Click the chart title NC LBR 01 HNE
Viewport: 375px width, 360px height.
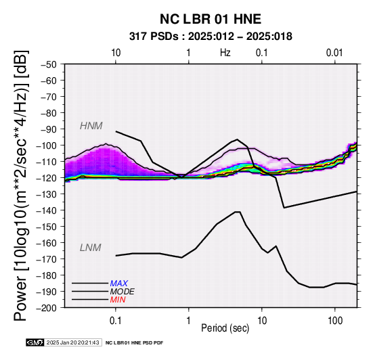211,19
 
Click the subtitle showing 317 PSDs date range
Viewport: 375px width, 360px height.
211,37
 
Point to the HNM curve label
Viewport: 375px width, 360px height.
91,126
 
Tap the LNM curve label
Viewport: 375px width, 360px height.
91,248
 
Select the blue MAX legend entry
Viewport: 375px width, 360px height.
119,284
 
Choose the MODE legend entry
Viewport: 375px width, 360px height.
123,292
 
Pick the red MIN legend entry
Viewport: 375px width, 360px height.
118,300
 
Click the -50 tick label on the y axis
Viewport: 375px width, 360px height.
49,64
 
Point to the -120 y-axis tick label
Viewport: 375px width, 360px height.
47,178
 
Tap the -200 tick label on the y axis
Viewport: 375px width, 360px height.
47,308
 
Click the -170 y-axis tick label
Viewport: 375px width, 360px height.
47,259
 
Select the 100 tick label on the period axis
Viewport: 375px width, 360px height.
335,321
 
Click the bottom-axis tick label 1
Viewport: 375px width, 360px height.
189,321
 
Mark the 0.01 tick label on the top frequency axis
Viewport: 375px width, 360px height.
335,53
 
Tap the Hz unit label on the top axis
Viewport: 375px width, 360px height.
225,53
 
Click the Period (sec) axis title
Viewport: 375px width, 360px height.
225,328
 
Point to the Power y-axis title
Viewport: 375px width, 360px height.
21,185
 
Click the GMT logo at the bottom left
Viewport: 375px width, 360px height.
35,342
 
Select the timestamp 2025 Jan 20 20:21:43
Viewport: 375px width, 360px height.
72,342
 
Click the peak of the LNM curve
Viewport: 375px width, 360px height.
238,212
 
